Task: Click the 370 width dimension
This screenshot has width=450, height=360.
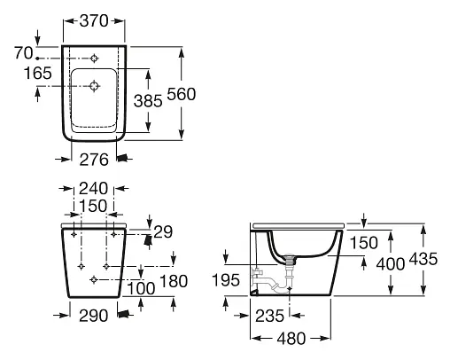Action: [94, 21]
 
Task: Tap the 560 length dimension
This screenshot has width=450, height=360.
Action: [182, 94]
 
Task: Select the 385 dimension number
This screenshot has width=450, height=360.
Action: [148, 101]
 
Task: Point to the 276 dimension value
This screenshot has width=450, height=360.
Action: [94, 160]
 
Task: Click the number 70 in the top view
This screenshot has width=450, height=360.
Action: [24, 53]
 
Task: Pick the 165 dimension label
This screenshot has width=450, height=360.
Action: [37, 73]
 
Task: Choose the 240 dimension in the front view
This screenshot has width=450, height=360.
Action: [93, 188]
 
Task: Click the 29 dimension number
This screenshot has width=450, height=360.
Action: [163, 232]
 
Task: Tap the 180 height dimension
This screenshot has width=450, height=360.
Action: [174, 281]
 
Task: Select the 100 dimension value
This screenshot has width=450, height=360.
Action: [141, 288]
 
